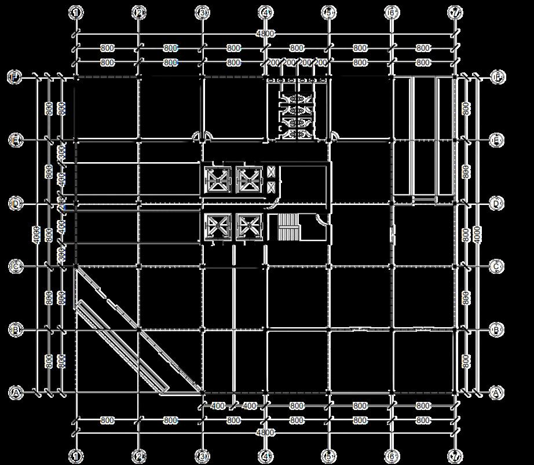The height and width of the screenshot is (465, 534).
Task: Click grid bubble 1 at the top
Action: click(76, 12)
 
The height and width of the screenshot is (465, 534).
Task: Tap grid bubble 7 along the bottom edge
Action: click(456, 456)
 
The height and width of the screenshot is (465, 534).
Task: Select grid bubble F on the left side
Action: click(15, 77)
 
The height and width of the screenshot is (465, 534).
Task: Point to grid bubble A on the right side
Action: click(496, 393)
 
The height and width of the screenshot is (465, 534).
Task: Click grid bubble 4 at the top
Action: click(266, 12)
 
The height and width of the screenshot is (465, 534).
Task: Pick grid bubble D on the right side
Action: click(496, 203)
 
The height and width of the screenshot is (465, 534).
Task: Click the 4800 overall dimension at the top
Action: click(266, 34)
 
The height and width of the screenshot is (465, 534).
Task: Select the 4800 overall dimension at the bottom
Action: click(266, 433)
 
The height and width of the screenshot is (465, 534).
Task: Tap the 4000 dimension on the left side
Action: click(37, 235)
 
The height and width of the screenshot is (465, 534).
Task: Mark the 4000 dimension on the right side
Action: click(477, 235)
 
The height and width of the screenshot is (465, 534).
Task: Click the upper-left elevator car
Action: click(218, 180)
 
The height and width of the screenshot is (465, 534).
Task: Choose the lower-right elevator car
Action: click(250, 227)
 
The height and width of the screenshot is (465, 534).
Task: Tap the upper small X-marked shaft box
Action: click(272, 172)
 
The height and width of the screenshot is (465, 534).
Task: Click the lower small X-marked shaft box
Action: click(272, 186)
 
